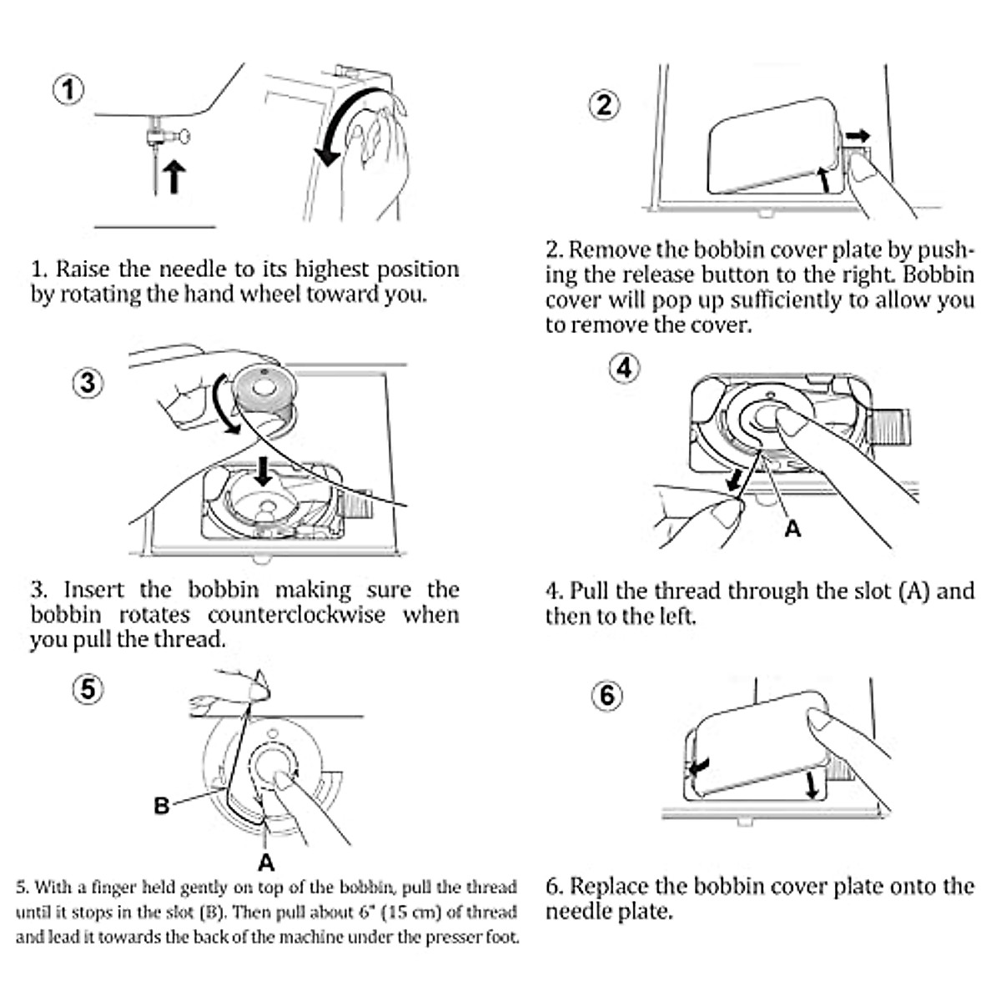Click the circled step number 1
tap(69, 89)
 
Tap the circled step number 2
tap(605, 104)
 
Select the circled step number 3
tap(88, 383)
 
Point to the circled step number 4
tap(626, 367)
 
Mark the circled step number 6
tap(606, 695)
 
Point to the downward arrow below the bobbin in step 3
tap(264, 470)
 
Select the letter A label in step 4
tap(792, 529)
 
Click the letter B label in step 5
tap(162, 805)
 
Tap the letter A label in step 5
tap(266, 861)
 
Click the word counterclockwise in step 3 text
tap(296, 616)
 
